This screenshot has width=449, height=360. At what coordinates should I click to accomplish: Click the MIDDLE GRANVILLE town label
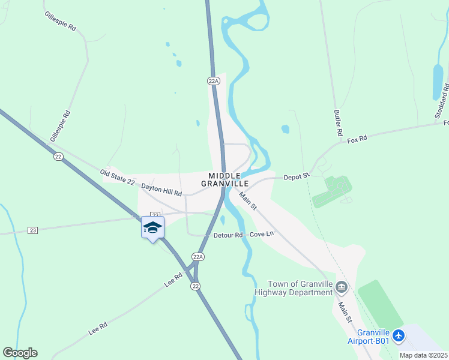(224, 179)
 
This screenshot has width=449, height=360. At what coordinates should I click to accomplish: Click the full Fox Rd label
(357, 139)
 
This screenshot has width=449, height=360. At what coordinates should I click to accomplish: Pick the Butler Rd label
(339, 122)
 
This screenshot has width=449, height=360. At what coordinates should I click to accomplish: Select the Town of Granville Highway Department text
(300, 288)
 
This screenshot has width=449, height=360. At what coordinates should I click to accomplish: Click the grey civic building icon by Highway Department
(342, 286)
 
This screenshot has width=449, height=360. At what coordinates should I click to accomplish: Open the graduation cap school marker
(152, 228)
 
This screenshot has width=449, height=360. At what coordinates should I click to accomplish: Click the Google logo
(20, 353)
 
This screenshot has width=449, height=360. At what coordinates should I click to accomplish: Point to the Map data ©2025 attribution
(423, 355)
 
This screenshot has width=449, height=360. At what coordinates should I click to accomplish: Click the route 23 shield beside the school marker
(155, 215)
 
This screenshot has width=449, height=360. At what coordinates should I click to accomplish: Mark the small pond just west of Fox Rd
(285, 129)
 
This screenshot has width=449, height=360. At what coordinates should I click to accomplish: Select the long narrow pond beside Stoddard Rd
(438, 82)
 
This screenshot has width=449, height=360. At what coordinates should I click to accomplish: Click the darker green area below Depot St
(331, 191)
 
